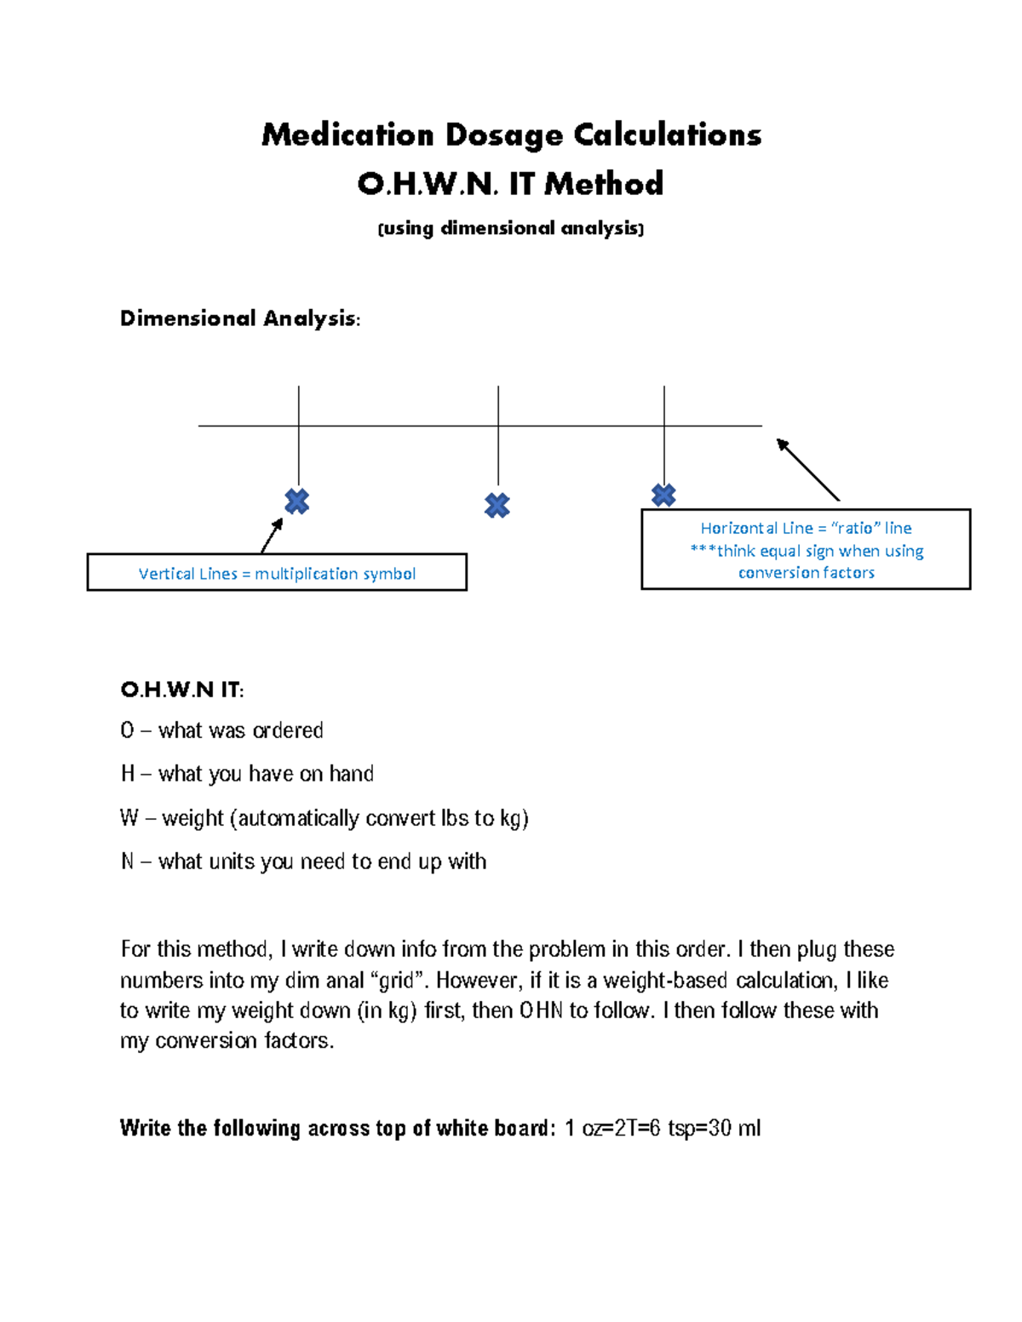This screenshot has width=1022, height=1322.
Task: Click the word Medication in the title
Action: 347,134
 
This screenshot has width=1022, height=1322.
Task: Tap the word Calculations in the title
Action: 667,134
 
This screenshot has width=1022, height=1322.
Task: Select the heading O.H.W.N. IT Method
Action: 510,184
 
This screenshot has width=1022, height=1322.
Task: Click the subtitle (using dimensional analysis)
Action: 510,228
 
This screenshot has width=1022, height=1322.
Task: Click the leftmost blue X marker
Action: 296,501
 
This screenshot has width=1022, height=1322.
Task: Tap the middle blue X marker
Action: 497,506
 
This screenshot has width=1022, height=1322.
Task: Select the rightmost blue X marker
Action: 663,495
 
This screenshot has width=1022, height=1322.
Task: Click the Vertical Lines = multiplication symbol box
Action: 277,573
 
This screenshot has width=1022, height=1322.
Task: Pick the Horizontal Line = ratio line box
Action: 806,549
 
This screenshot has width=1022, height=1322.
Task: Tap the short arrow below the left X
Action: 272,535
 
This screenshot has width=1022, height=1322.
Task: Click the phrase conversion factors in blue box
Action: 806,573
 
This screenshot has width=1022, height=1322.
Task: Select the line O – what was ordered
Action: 222,730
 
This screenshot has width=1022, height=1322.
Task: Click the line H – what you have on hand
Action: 247,774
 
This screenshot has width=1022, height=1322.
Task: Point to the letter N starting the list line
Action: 128,861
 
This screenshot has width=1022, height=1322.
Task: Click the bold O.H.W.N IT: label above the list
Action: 182,690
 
